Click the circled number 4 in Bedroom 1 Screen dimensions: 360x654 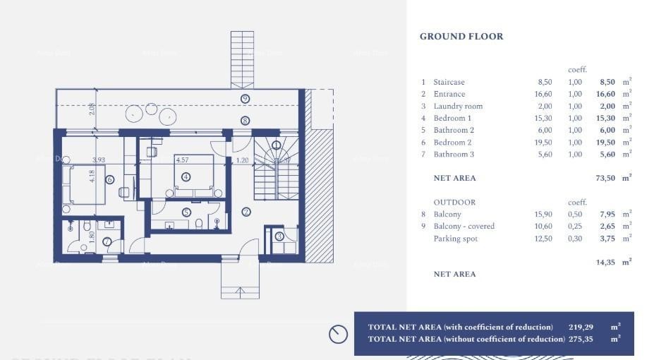coord(186,176)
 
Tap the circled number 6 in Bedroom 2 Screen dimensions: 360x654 coord(109,179)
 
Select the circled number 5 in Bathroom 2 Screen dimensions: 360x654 coord(186,212)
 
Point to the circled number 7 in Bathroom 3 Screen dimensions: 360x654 coord(107,241)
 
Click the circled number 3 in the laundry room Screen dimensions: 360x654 coord(279,236)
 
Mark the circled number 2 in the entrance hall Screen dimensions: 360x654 coord(246,211)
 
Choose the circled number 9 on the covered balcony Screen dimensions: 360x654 coord(245,99)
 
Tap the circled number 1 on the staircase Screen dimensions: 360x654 coord(276,145)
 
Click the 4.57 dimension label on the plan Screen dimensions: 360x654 coord(182,160)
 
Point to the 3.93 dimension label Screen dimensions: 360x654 coord(98,160)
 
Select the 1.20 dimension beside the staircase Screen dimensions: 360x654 coord(242,160)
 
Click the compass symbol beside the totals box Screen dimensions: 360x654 coord(339,334)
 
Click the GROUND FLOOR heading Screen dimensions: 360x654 coord(461,37)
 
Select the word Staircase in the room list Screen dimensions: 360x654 coord(449,82)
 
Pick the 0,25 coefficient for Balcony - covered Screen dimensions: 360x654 coord(575,226)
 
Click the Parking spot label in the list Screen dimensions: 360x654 coord(455,239)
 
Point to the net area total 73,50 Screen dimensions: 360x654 coord(605,179)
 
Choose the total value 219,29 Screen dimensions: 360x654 coord(581,327)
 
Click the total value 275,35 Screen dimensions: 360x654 coord(581,339)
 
